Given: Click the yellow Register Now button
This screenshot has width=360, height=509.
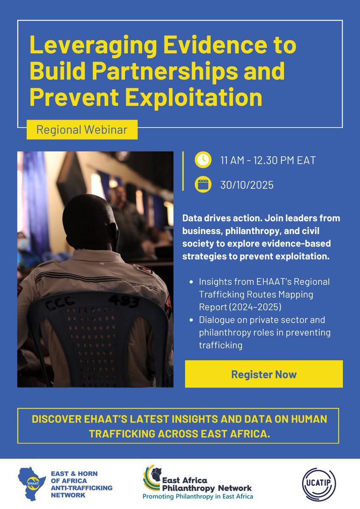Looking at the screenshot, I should [263, 374].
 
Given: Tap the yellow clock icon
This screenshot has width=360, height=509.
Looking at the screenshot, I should [203, 160].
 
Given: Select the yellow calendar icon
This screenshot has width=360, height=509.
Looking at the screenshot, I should [203, 185].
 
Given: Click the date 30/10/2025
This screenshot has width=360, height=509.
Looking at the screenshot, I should [247, 185].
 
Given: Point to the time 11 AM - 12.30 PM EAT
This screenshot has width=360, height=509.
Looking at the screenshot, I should [268, 160].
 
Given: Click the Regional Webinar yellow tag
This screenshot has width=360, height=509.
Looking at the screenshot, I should [82, 129].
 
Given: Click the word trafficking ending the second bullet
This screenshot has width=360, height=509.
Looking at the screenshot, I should [220, 345].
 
